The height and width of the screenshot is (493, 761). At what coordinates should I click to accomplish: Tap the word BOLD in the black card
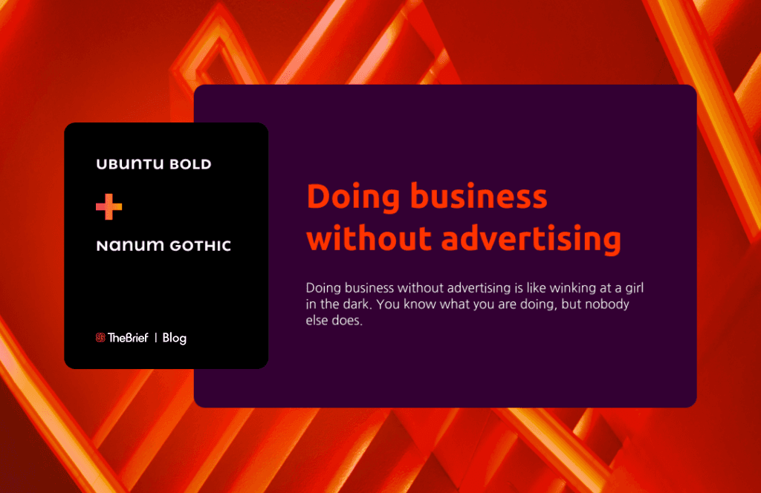pyautogui.click(x=190, y=164)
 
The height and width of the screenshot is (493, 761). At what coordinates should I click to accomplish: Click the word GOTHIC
pyautogui.click(x=200, y=246)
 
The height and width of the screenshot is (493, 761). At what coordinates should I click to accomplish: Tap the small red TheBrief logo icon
pyautogui.click(x=100, y=338)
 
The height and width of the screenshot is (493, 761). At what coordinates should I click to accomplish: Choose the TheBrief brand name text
pyautogui.click(x=128, y=338)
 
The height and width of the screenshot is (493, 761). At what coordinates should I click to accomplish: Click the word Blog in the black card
pyautogui.click(x=174, y=338)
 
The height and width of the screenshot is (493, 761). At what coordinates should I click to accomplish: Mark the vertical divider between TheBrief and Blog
pyautogui.click(x=155, y=338)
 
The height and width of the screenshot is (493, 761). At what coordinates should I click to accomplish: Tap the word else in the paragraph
pyautogui.click(x=317, y=323)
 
